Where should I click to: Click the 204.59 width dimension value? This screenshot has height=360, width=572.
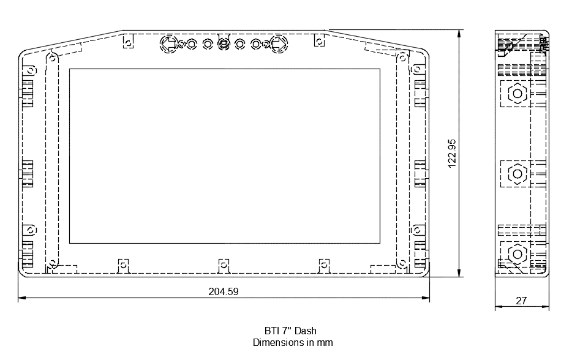[x=224, y=292]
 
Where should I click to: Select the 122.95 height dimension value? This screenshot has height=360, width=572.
[x=453, y=154]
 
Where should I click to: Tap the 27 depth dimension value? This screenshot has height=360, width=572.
[x=521, y=301]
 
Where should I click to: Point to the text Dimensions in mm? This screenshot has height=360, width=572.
[x=293, y=343]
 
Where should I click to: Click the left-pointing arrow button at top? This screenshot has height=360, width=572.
[x=168, y=43]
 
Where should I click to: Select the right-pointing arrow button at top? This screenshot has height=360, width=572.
[x=279, y=43]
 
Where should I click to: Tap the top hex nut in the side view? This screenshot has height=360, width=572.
[x=517, y=94]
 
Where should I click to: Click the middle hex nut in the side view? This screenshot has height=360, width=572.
[x=517, y=173]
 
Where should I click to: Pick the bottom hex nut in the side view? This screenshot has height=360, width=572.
[x=517, y=253]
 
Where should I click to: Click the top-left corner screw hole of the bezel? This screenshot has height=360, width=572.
[x=53, y=58]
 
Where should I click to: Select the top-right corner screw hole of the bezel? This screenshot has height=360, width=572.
[x=402, y=58]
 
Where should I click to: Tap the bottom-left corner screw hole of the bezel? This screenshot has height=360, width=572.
[x=53, y=264]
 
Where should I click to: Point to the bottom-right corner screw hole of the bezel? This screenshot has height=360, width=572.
[x=402, y=264]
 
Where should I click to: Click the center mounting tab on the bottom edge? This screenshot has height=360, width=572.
[x=224, y=264]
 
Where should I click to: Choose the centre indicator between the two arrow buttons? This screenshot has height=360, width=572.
[x=224, y=43]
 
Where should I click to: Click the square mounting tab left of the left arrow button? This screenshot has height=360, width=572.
[x=128, y=41]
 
